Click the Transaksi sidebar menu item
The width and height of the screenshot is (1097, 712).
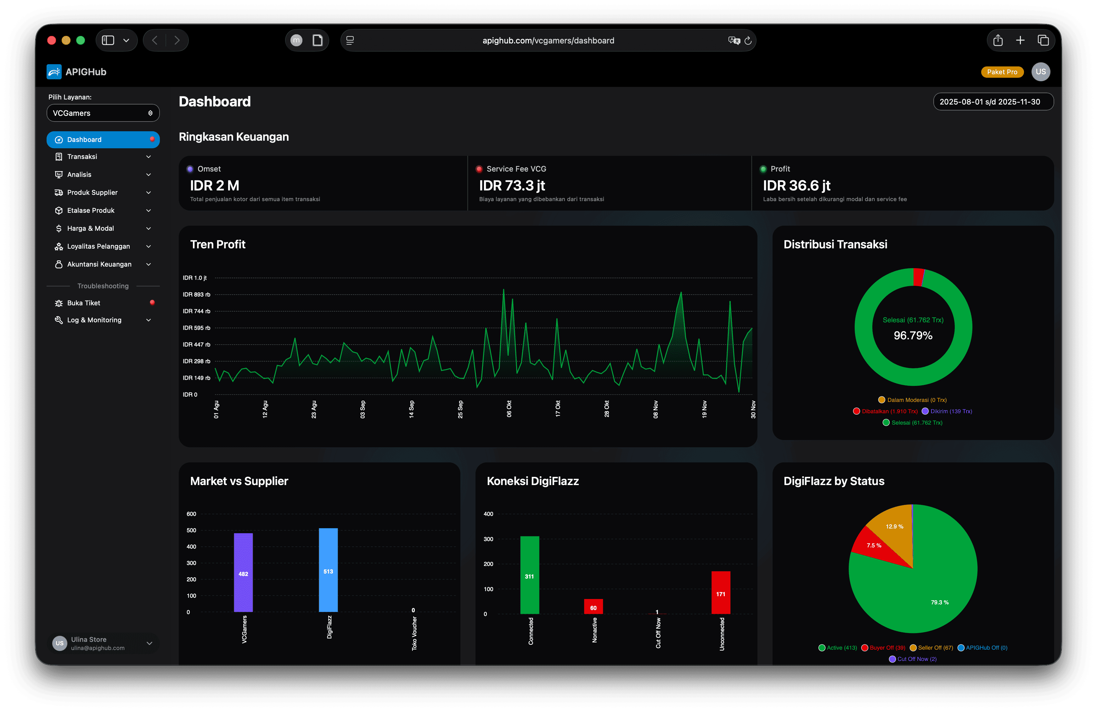click(x=82, y=157)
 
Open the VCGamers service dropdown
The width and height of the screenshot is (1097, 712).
click(x=103, y=113)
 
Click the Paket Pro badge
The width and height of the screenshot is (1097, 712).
click(x=1002, y=72)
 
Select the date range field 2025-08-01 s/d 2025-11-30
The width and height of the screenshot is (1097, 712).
click(x=993, y=102)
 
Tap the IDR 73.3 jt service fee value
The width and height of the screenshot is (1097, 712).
click(x=512, y=185)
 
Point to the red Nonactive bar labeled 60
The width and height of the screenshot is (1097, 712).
click(x=593, y=607)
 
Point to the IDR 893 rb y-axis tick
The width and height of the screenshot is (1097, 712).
click(x=196, y=294)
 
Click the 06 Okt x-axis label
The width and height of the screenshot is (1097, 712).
click(x=509, y=409)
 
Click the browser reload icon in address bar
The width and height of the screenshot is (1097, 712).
click(x=748, y=41)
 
